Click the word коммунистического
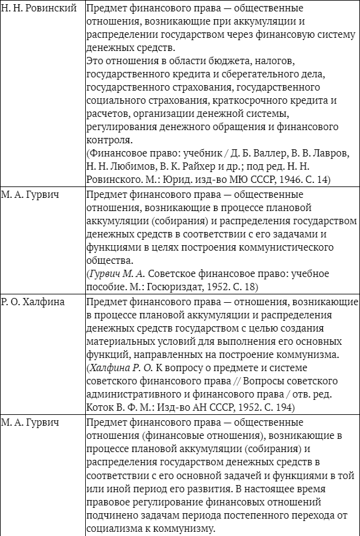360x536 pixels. [x=264, y=247]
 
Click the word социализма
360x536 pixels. [x=118, y=529]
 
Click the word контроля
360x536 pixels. [x=109, y=141]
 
